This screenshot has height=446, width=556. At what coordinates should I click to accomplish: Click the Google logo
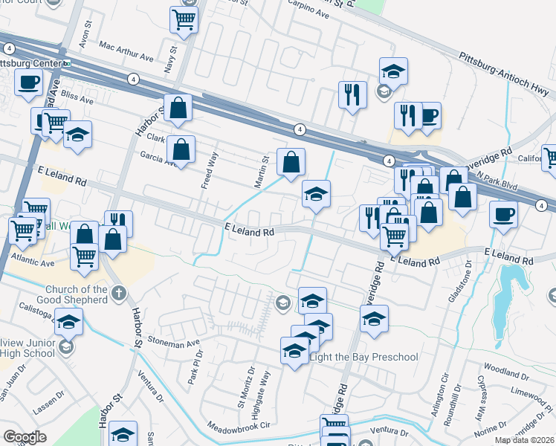coord(25,437)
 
